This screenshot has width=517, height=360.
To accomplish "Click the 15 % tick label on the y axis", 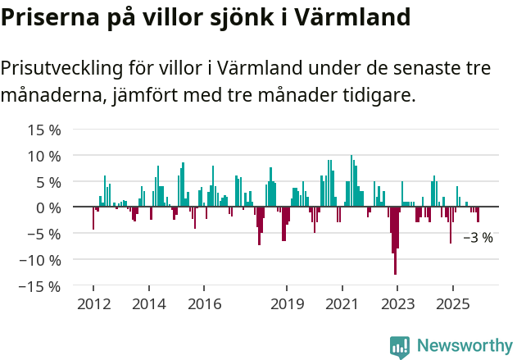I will pos(44,130).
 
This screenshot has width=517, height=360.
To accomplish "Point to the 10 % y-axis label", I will pos(44,156).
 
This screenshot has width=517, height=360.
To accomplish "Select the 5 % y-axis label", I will pos(48,182).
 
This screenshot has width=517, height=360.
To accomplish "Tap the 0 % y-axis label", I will pos(48,207).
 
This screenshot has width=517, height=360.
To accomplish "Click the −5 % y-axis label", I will pos(44,234).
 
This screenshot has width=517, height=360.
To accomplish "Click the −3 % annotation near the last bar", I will pos(478,238).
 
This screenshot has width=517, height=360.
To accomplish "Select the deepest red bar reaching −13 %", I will pos(395,246).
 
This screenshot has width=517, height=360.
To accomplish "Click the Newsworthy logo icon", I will pos(400,347).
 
